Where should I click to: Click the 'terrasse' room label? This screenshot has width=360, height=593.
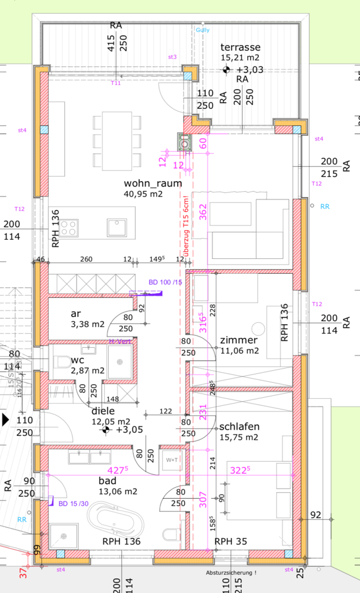[x=241, y=47]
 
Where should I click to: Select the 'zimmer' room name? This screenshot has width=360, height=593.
[x=238, y=340]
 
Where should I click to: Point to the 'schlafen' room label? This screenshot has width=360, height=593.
[x=239, y=427]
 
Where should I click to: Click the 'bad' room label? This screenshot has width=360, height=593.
[x=108, y=480]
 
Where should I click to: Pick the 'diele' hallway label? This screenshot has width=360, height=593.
[x=103, y=411]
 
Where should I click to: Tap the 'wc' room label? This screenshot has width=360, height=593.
[x=77, y=360]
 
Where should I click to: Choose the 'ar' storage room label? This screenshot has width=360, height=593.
[x=75, y=313]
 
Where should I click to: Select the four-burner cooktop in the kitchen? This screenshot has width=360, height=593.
[x=70, y=227]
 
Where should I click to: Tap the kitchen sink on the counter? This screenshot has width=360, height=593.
[x=116, y=227]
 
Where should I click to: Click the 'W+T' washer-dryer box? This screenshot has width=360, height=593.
[x=172, y=460]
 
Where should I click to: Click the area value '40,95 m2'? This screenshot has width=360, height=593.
[x=143, y=194]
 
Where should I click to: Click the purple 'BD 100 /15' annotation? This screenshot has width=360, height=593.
[x=165, y=282]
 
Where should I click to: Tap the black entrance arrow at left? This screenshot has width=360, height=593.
[x=6, y=420]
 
